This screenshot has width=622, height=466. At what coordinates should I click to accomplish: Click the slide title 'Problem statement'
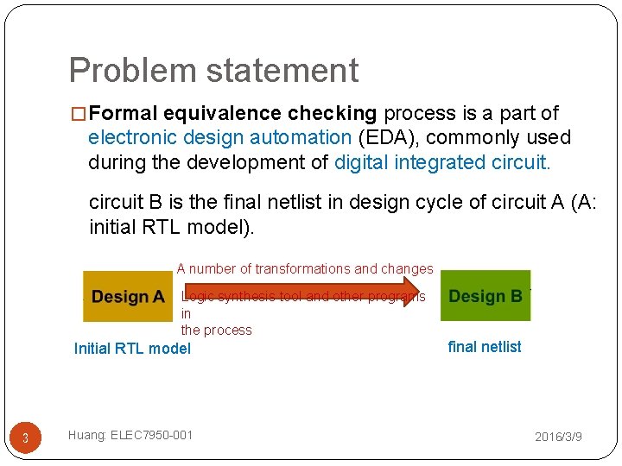click(x=213, y=71)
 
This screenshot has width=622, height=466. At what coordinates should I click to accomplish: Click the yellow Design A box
click(x=127, y=297)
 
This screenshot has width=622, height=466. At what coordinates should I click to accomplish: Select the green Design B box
click(x=485, y=296)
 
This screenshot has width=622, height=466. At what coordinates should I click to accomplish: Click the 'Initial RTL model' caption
click(x=132, y=349)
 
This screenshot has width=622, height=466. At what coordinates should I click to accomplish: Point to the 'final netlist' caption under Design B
click(x=484, y=347)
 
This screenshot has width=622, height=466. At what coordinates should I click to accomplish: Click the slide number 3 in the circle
click(x=25, y=438)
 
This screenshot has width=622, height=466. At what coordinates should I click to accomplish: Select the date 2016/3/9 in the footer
click(x=558, y=438)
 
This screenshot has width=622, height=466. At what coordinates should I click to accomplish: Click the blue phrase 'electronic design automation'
click(x=219, y=138)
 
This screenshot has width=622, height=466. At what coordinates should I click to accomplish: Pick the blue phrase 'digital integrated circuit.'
click(x=441, y=162)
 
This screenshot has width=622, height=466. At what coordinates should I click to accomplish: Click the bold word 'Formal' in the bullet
click(x=123, y=114)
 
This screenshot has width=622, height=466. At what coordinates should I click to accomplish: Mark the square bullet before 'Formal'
click(x=79, y=114)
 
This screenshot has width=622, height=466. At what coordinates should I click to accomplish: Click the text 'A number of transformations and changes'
click(x=305, y=269)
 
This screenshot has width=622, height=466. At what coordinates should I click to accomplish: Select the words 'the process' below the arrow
click(x=216, y=331)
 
